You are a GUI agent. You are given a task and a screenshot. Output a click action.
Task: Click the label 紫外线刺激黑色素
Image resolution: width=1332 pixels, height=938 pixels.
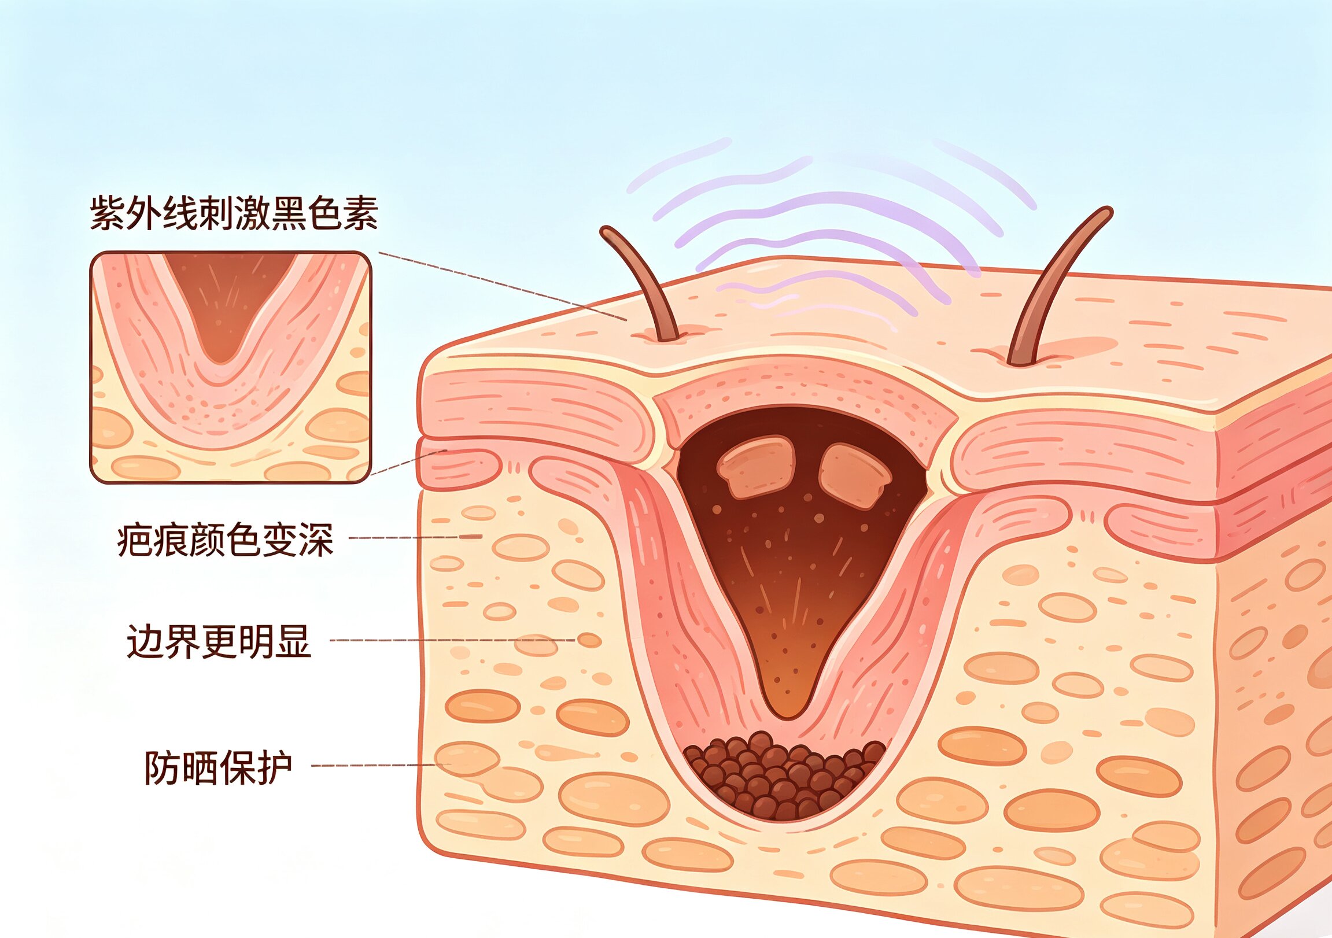tap(234, 213)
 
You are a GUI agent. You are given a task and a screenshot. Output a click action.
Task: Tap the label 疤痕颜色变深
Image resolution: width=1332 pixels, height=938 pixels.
tap(225, 540)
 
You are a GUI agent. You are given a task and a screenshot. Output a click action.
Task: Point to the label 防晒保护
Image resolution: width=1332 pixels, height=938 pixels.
tap(217, 767)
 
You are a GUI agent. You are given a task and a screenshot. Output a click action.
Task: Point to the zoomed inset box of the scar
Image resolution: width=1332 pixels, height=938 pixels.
tap(230, 367)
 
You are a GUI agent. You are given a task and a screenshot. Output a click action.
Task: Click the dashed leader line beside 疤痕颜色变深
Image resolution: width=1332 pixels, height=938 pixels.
tap(415, 537)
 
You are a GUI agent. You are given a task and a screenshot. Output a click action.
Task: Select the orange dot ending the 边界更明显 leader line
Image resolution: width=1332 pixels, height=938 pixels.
tap(589, 640)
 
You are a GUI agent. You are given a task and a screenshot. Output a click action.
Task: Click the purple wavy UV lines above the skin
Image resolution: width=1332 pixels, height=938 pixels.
tap(829, 232)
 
